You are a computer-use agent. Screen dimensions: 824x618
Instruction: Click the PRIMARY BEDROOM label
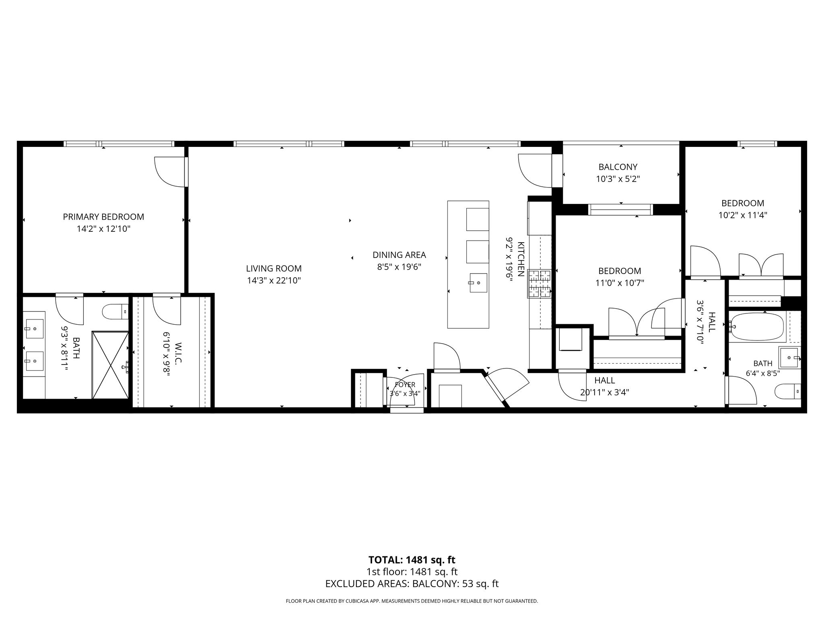(x=103, y=217)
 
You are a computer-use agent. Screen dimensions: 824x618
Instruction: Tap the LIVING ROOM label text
(x=274, y=268)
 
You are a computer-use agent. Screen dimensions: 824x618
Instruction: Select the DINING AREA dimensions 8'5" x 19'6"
(x=399, y=267)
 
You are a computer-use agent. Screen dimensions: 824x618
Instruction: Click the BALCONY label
(x=618, y=167)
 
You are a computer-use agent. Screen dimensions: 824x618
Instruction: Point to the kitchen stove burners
(x=540, y=284)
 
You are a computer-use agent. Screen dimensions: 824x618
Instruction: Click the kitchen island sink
(x=478, y=283)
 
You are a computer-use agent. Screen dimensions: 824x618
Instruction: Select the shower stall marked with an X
(x=110, y=365)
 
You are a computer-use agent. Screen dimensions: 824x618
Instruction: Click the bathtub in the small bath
(x=756, y=326)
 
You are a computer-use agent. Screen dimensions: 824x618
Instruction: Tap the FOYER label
(x=405, y=385)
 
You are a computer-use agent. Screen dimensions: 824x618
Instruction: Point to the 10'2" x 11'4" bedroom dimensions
(x=743, y=215)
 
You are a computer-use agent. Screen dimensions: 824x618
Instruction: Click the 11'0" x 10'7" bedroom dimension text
(x=620, y=283)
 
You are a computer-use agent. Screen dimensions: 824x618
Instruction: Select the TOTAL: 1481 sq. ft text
(x=412, y=560)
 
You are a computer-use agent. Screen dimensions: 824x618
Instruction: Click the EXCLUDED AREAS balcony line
(x=412, y=584)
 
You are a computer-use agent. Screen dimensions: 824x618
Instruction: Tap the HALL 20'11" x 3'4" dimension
(x=605, y=392)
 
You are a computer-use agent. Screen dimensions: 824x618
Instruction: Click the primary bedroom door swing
(x=170, y=172)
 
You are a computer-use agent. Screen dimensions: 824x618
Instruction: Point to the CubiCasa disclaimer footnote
(x=412, y=601)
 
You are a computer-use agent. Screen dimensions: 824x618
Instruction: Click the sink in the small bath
(x=790, y=357)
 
